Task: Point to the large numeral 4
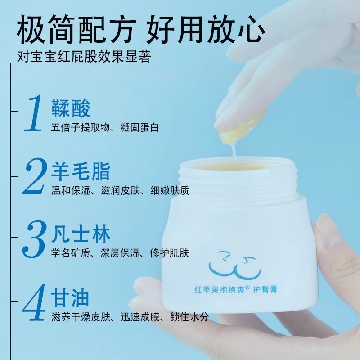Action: click(x=34, y=301)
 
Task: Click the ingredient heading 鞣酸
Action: click(x=71, y=109)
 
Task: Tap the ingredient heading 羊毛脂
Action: click(x=81, y=172)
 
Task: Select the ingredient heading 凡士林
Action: click(x=81, y=235)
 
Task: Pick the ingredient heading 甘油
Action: click(x=71, y=298)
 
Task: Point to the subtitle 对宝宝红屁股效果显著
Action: click(x=83, y=58)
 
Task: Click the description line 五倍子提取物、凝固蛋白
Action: click(x=105, y=128)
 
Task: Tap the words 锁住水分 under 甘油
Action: click(x=189, y=317)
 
